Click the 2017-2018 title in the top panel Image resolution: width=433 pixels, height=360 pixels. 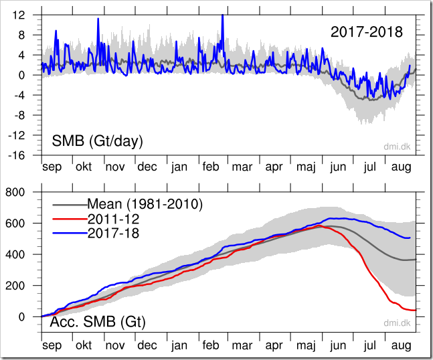(366, 32)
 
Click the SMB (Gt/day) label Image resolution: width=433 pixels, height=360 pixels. (98, 141)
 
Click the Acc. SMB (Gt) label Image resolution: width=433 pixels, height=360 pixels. (98, 323)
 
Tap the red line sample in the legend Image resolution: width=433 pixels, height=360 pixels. (68, 218)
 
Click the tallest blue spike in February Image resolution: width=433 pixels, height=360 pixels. (222, 15)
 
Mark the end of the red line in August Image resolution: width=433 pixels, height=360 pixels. (416, 310)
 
